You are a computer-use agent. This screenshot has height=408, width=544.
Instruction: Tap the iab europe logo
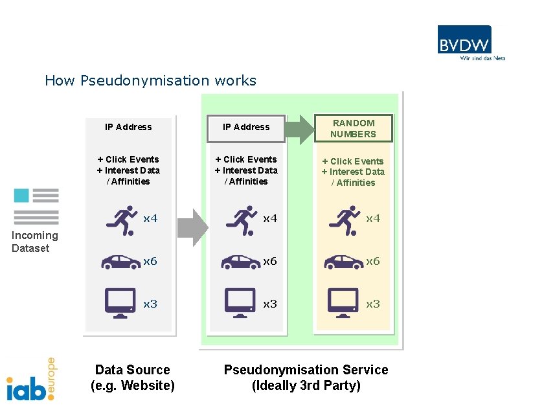31,380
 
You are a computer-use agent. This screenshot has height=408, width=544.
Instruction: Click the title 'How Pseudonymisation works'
150,81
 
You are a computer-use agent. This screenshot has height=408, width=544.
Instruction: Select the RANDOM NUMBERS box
353,128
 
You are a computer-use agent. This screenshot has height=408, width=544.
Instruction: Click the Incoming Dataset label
35,242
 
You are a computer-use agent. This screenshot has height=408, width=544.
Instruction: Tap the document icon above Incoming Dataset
36,206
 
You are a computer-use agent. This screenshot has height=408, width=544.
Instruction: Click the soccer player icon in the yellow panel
345,220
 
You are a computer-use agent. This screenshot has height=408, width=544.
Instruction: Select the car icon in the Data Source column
121,261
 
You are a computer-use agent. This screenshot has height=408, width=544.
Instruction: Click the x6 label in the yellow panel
373,261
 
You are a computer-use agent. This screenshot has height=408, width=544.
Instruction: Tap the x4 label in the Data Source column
150,219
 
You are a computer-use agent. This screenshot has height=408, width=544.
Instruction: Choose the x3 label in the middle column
269,304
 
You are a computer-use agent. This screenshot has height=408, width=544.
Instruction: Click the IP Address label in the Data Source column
128,127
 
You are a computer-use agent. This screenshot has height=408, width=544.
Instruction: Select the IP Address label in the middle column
246,127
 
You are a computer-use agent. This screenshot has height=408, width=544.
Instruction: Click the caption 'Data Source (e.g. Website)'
132,378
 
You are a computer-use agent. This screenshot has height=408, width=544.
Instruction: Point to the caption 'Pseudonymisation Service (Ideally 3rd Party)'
306,378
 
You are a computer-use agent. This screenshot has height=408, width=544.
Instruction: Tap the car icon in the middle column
241,261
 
